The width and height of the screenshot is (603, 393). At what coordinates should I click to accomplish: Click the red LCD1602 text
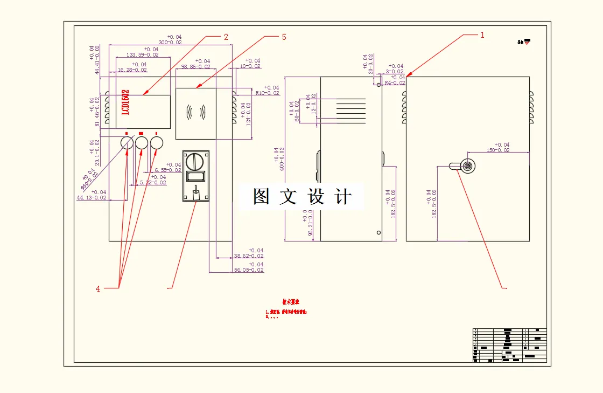(125, 102)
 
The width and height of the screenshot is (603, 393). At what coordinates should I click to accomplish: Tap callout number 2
(226, 37)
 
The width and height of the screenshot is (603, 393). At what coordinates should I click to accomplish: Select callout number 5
(284, 37)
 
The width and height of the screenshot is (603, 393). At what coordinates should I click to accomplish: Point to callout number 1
(482, 35)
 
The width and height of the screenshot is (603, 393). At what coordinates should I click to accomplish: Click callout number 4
(98, 289)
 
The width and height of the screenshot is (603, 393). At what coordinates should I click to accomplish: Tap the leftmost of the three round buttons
(127, 142)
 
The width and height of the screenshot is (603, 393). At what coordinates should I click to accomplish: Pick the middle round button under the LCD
(142, 142)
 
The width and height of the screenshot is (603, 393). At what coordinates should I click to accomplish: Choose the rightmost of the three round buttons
(157, 142)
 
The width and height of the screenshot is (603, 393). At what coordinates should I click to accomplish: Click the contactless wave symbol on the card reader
(196, 112)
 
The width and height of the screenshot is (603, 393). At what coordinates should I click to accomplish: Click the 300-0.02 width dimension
(170, 42)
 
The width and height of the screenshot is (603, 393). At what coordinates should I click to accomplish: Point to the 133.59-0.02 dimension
(142, 54)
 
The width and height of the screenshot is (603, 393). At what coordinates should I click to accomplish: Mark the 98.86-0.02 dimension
(195, 66)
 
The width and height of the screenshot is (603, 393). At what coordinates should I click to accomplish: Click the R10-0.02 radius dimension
(267, 93)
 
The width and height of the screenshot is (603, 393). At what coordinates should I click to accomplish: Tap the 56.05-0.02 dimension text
(249, 270)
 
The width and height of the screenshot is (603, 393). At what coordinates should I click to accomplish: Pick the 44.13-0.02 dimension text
(92, 197)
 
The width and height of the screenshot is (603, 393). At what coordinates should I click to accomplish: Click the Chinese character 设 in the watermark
(316, 197)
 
